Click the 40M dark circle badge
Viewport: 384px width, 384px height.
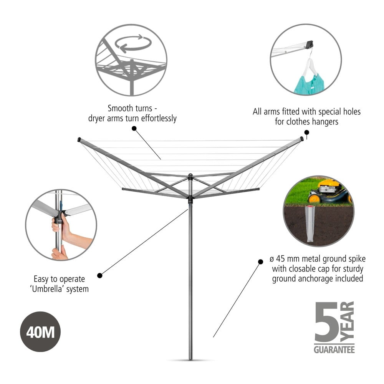tap(40, 332)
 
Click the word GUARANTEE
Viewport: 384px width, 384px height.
tap(334, 349)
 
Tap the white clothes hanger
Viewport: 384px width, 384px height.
tap(310, 63)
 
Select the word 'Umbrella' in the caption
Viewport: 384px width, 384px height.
tap(47, 289)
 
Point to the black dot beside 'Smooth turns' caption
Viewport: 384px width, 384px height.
tap(134, 128)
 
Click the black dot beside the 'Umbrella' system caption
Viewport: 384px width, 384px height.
tap(100, 275)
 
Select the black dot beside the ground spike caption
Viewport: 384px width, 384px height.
tap(261, 262)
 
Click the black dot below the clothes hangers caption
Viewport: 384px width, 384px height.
tap(306, 132)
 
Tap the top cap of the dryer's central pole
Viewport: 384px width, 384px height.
tap(190, 175)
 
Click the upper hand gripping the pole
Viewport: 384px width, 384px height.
tap(58, 224)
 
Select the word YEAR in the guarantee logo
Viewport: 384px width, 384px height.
tap(348, 322)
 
